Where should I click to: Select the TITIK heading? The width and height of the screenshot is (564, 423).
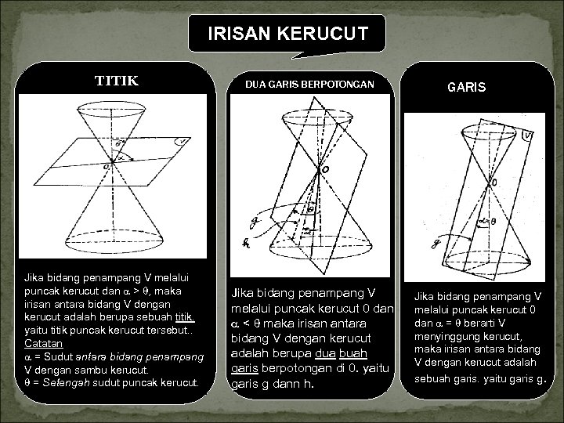click(x=116, y=80)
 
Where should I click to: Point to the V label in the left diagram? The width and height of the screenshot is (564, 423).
click(x=182, y=142)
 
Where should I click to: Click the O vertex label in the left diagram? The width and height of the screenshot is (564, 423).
click(x=107, y=166)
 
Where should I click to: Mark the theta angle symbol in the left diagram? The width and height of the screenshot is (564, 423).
click(x=117, y=145)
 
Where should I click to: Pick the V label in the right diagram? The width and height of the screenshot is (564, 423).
click(x=528, y=136)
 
